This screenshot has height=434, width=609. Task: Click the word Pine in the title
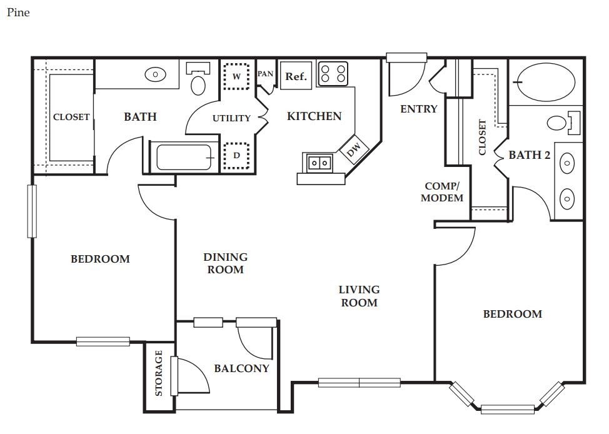click(x=18, y=13)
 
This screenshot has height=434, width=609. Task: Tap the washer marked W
click(x=236, y=76)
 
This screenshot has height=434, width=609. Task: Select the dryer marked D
click(x=236, y=156)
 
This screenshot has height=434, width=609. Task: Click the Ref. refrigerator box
click(x=296, y=76)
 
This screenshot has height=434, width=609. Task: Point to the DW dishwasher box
click(x=354, y=148)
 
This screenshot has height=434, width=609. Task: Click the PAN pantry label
click(x=266, y=73)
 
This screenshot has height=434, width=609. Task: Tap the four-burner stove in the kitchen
click(x=333, y=74)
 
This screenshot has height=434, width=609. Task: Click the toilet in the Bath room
click(x=198, y=79)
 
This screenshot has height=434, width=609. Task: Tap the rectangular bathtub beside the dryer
click(x=184, y=157)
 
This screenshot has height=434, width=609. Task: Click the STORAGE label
click(x=158, y=373)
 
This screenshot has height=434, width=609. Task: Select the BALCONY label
click(x=241, y=368)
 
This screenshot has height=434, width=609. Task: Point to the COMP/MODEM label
click(x=442, y=192)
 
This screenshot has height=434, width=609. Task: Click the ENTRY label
click(x=419, y=109)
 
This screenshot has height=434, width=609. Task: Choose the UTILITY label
click(x=231, y=118)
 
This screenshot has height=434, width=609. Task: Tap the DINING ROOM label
click(x=225, y=263)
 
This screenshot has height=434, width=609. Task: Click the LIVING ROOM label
click(x=360, y=296)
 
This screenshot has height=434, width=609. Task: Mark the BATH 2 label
click(x=530, y=155)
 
